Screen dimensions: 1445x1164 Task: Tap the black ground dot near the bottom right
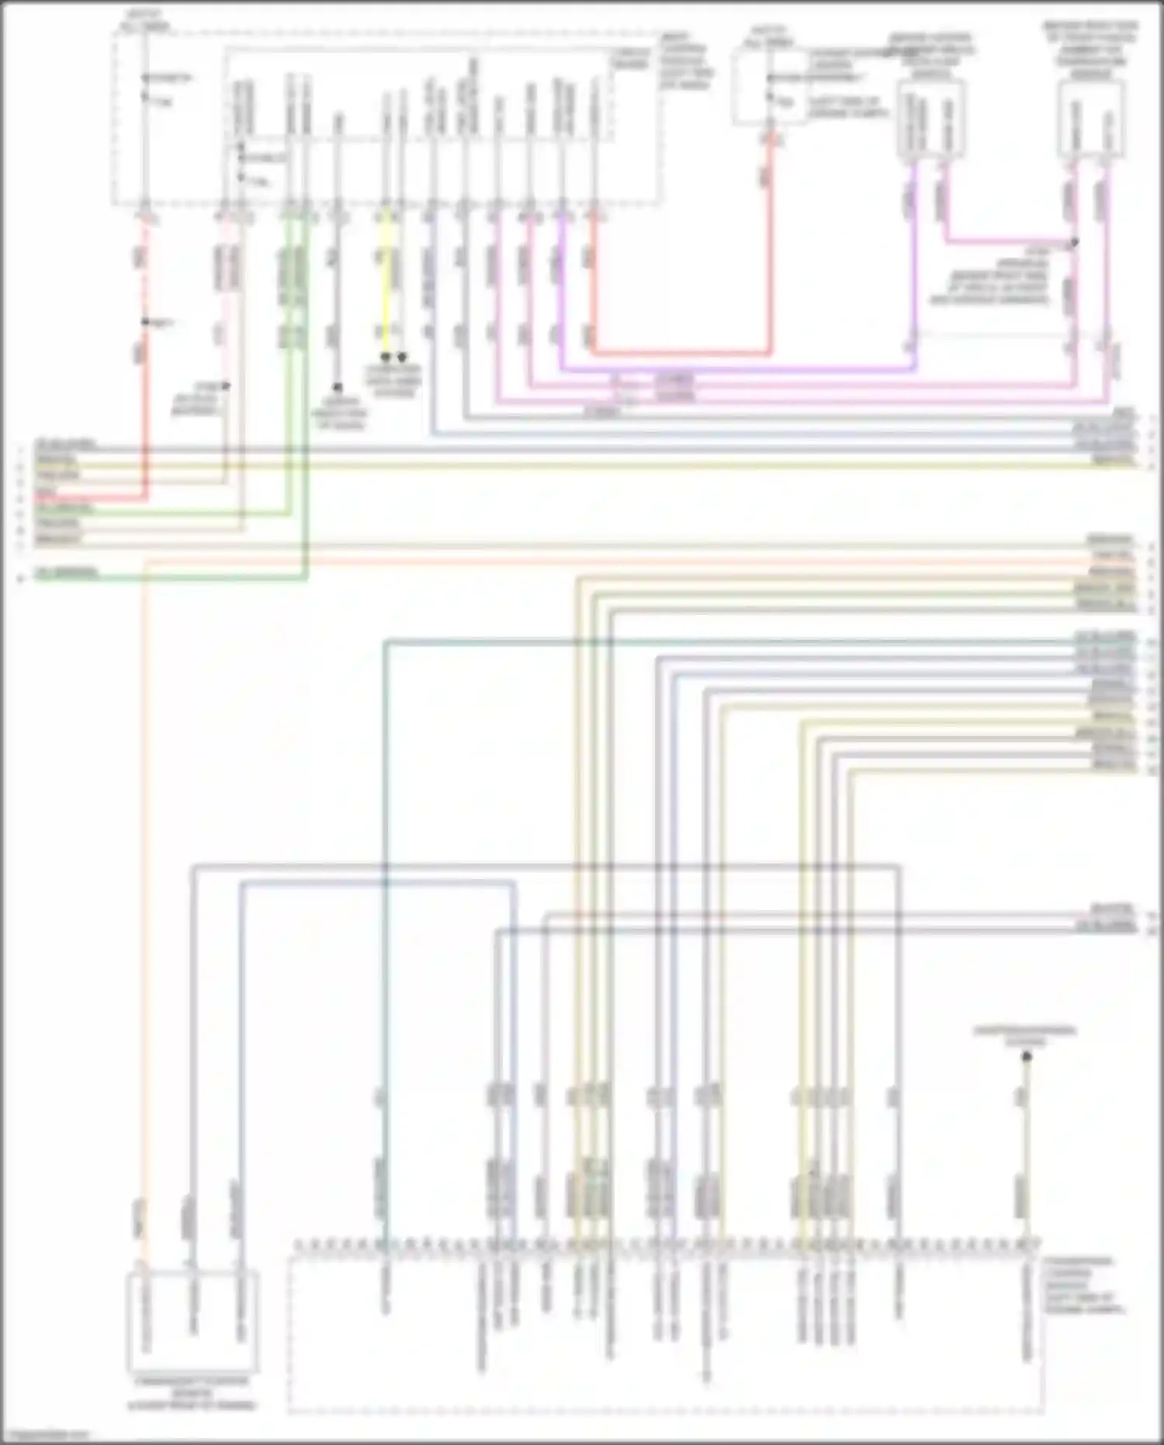(x=1026, y=1057)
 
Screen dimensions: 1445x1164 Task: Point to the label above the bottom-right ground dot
(x=1026, y=1036)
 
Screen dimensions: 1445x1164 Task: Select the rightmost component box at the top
(x=1092, y=118)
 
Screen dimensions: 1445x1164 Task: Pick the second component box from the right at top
(x=931, y=120)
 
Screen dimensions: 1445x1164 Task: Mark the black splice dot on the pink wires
(x=1075, y=242)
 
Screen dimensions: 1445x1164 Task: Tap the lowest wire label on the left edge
(x=66, y=574)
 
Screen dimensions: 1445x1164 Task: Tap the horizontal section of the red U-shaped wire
(x=683, y=353)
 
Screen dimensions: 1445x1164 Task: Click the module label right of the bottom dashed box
(x=1079, y=1285)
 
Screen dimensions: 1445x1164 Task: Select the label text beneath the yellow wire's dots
(x=394, y=380)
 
